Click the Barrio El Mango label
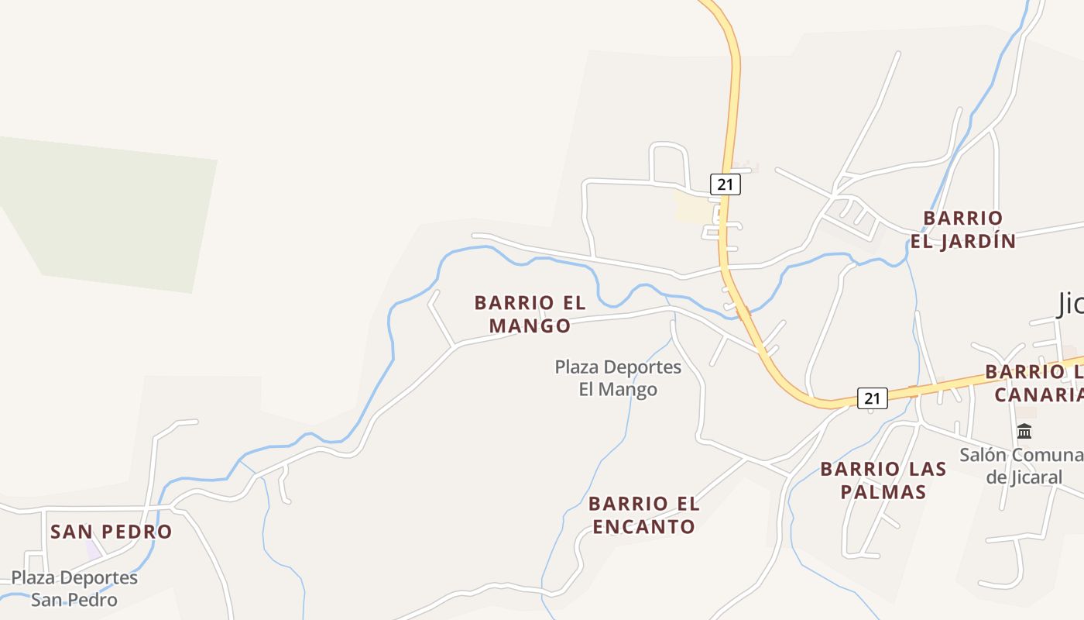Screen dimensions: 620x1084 pos(530,314)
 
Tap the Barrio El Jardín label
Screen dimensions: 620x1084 pos(962,229)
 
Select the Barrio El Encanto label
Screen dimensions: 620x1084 pos(643,515)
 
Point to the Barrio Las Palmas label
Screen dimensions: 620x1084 pos(883,480)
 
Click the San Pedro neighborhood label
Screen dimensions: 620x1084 pos(111,532)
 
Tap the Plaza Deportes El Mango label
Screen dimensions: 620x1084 pos(618,377)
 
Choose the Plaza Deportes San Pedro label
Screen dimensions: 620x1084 pos(74,588)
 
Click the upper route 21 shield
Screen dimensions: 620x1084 pos(725,184)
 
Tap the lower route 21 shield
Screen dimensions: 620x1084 pos(872,398)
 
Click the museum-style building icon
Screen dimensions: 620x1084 pos(1024,431)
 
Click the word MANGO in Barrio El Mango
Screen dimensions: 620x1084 pos(530,325)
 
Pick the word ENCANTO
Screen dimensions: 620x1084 pos(643,527)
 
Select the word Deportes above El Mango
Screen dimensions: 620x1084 pos(641,367)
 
